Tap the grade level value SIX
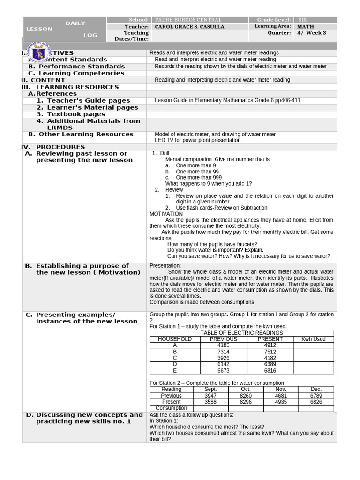(x=302, y=20)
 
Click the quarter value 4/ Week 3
(x=311, y=33)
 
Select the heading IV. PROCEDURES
(x=53, y=147)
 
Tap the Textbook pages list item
(x=76, y=114)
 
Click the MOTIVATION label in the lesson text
(x=166, y=214)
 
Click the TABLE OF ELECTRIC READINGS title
(x=241, y=333)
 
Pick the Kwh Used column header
(x=313, y=339)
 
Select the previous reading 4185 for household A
(x=224, y=345)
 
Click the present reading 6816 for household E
(x=270, y=371)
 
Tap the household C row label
(x=175, y=358)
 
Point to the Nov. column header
(x=281, y=390)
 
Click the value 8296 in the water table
(x=246, y=402)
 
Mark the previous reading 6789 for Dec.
(x=316, y=396)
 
